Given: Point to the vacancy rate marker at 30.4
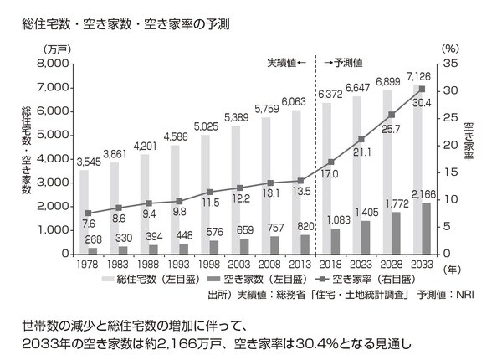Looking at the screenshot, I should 422,89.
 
